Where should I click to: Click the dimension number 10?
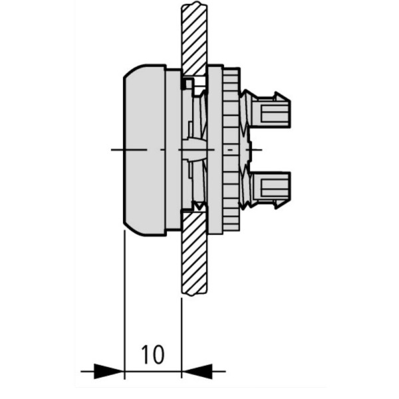click(x=153, y=354)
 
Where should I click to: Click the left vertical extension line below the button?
click(x=125, y=299)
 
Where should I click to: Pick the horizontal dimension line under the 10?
click(x=153, y=370)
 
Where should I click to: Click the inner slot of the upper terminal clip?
click(x=274, y=112)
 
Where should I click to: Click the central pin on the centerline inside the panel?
click(x=194, y=150)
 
